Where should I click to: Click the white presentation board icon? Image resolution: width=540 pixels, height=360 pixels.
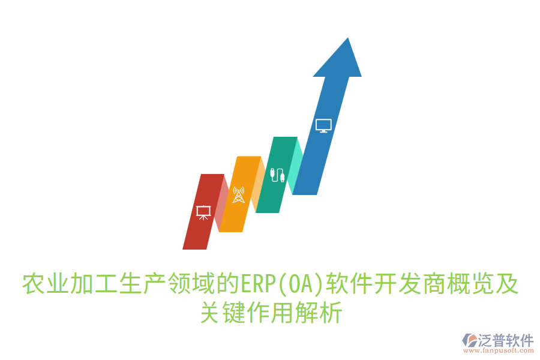203,212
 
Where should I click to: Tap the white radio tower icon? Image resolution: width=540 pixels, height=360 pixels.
239,194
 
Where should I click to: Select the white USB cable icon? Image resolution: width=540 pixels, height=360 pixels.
277,175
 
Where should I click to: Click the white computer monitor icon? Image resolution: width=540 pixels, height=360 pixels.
323,125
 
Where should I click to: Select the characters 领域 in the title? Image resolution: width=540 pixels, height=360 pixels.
192,284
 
